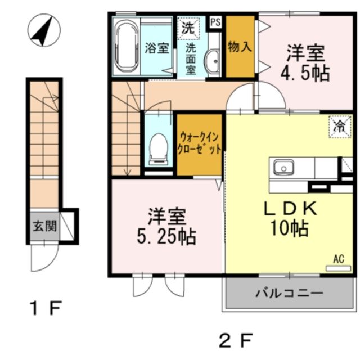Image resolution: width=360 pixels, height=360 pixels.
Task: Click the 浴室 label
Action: click(157, 48)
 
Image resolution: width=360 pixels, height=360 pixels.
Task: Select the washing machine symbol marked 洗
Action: click(187, 26)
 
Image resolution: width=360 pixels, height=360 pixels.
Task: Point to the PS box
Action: click(215, 22)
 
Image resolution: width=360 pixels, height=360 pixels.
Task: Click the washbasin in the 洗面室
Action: click(212, 61)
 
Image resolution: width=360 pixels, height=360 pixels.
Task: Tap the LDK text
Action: click(291, 209)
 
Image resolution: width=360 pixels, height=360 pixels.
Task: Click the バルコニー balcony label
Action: click(289, 293)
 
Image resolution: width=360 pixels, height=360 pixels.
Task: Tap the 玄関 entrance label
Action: click(44, 227)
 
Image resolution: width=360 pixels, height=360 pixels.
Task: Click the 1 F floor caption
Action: click(44, 308)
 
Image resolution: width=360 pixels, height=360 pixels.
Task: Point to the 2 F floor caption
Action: click(235, 339)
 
